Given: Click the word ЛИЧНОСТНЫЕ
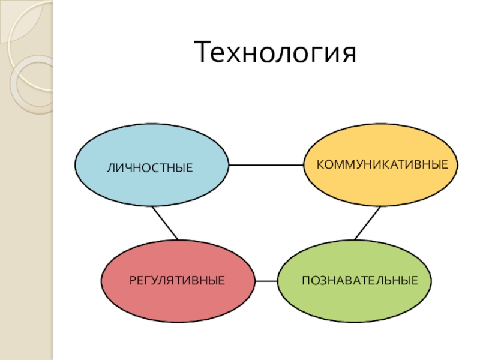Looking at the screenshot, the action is (150, 167).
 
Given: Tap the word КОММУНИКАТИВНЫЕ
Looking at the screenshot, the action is (382, 163).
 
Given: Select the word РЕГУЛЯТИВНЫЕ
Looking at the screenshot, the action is (177, 280).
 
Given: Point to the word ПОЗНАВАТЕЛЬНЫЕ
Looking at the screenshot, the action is (359, 280).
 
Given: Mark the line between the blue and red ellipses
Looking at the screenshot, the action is (166, 223).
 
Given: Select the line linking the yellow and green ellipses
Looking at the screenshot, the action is (367, 223).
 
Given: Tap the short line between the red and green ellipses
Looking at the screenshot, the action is (266, 281).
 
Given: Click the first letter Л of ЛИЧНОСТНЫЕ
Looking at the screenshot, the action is (110, 167).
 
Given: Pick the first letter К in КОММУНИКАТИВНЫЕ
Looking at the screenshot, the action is (320, 163).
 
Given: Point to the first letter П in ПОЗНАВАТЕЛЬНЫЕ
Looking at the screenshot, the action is (305, 280).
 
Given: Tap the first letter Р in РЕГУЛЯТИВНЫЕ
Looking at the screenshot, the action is (132, 280).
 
